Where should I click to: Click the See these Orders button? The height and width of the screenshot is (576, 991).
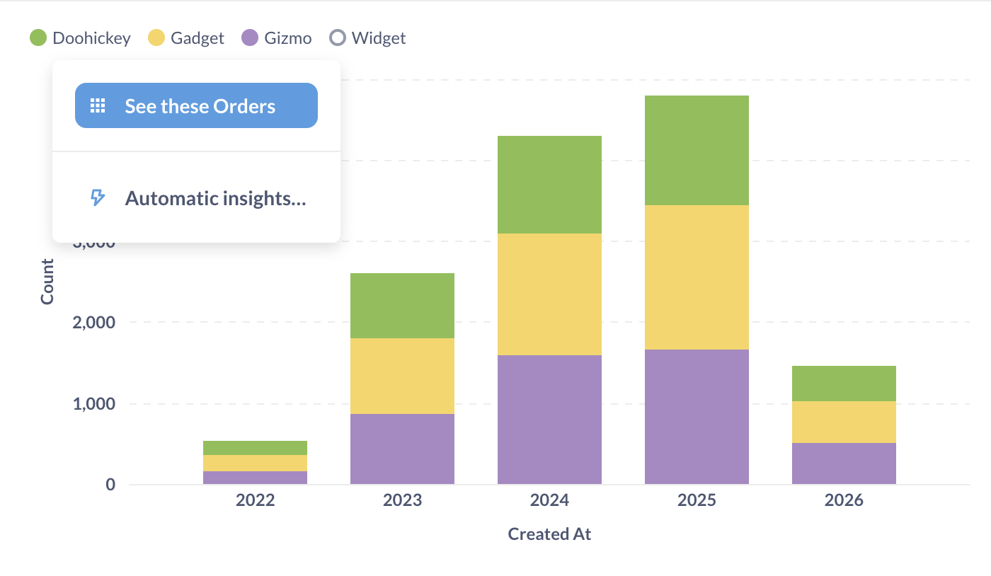[196, 106]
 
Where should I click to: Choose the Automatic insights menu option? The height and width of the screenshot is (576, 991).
[214, 198]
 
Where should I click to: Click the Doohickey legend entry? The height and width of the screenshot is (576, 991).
[80, 38]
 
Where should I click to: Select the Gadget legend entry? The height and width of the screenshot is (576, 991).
[186, 38]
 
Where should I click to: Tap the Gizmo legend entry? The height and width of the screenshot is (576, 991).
[277, 38]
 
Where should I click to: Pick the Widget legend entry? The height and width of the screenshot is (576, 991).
[368, 38]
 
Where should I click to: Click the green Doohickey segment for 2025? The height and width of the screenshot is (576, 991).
[697, 150]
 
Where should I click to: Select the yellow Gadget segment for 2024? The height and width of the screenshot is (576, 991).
[549, 294]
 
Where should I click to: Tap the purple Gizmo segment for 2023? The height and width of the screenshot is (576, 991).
[402, 449]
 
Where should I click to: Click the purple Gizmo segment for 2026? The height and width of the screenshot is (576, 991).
[844, 463]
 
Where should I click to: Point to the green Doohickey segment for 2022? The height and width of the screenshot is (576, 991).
[255, 448]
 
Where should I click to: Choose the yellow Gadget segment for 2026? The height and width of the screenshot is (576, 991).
[844, 422]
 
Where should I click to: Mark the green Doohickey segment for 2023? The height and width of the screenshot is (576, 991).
[402, 306]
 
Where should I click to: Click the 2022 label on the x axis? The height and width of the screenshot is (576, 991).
[255, 501]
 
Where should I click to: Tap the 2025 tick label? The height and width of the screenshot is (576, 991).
[697, 501]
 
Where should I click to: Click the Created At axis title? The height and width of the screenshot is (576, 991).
[549, 534]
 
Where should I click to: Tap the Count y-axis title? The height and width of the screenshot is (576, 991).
[47, 282]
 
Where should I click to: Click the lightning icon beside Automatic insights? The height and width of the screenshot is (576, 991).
[98, 198]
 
